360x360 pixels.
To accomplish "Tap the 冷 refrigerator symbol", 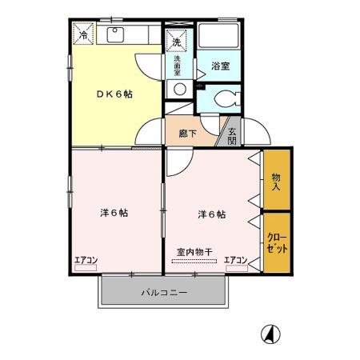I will pyautogui.click(x=83, y=34).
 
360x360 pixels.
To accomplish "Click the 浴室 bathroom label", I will pyautogui.click(x=220, y=66).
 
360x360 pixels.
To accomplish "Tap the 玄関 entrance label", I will pyautogui.click(x=232, y=136).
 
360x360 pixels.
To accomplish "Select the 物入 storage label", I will pyautogui.click(x=276, y=182).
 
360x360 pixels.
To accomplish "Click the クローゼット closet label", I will pyautogui.click(x=276, y=242).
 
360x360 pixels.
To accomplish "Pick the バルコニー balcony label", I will pyautogui.click(x=165, y=293).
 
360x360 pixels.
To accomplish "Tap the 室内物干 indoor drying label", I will pyautogui.click(x=194, y=252).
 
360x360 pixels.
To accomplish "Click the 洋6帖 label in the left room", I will pyautogui.click(x=114, y=213).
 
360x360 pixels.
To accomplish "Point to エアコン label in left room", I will pyautogui.click(x=86, y=259).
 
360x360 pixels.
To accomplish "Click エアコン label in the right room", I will pyautogui.click(x=235, y=259).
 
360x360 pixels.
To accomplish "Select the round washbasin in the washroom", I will pyautogui.click(x=180, y=89).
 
